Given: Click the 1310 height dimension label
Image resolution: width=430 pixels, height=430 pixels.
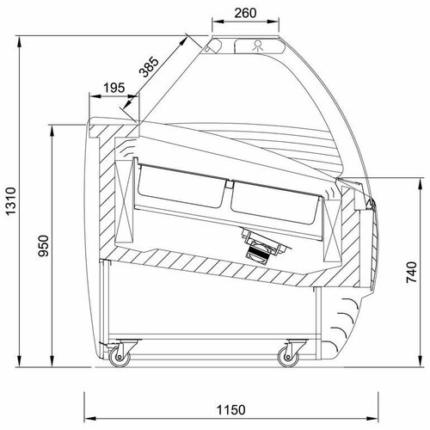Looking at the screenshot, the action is [x=11, y=201].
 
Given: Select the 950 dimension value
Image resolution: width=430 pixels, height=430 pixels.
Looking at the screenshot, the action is [x=44, y=245].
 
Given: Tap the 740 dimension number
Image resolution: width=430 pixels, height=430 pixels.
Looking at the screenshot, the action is [x=411, y=272].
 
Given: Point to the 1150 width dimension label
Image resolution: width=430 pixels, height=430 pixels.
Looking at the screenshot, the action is [x=231, y=409].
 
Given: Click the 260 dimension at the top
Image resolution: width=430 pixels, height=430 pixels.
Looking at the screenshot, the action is [x=245, y=13].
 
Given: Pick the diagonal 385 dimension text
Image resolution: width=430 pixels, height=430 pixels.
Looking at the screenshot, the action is [x=149, y=67].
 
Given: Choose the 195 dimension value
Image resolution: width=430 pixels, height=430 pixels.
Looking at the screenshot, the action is [x=114, y=88].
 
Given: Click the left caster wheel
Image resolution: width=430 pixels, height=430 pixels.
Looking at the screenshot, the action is [x=120, y=357].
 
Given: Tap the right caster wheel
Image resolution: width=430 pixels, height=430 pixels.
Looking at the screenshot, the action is [x=288, y=357].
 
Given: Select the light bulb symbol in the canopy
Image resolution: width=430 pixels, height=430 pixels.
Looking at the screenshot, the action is [x=258, y=46].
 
